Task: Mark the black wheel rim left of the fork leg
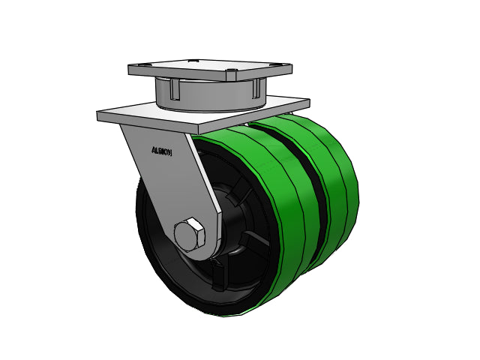pyautogui.click(x=150, y=225)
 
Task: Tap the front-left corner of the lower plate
pyautogui.click(x=100, y=115)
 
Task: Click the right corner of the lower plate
pyautogui.click(x=307, y=100)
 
